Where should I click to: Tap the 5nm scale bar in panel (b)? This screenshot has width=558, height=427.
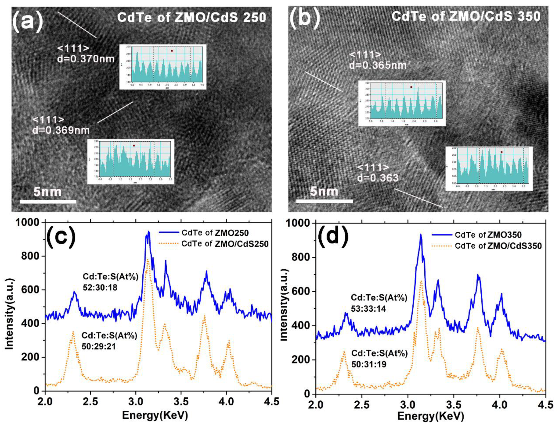tap(324, 201)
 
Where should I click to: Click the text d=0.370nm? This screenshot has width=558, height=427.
tap(86, 59)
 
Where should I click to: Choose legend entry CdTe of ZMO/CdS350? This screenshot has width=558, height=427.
tap(498, 246)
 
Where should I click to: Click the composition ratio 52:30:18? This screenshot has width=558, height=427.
tap(100, 288)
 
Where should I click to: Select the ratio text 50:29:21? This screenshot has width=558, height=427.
tap(99, 346)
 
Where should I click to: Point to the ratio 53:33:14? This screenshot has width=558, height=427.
tap(368, 309)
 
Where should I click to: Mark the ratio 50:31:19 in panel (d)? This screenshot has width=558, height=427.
tap(369, 364)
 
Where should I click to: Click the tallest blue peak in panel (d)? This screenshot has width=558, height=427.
tap(421, 235)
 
